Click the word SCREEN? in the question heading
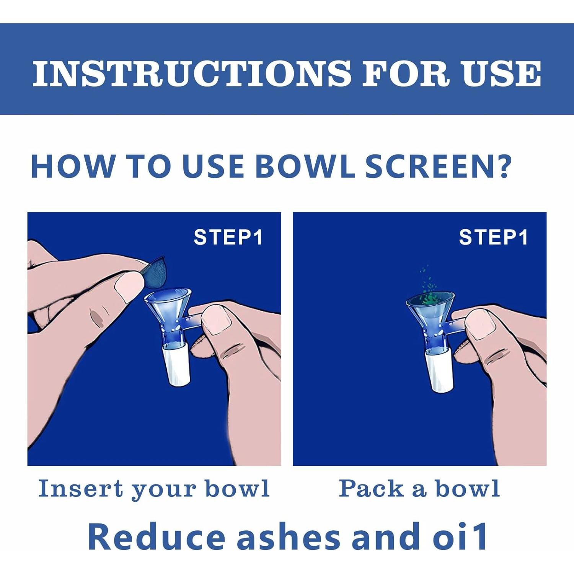coord(439,166)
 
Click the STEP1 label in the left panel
coord(228,237)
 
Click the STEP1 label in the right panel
coord(494,237)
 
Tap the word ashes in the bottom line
coord(288,536)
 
